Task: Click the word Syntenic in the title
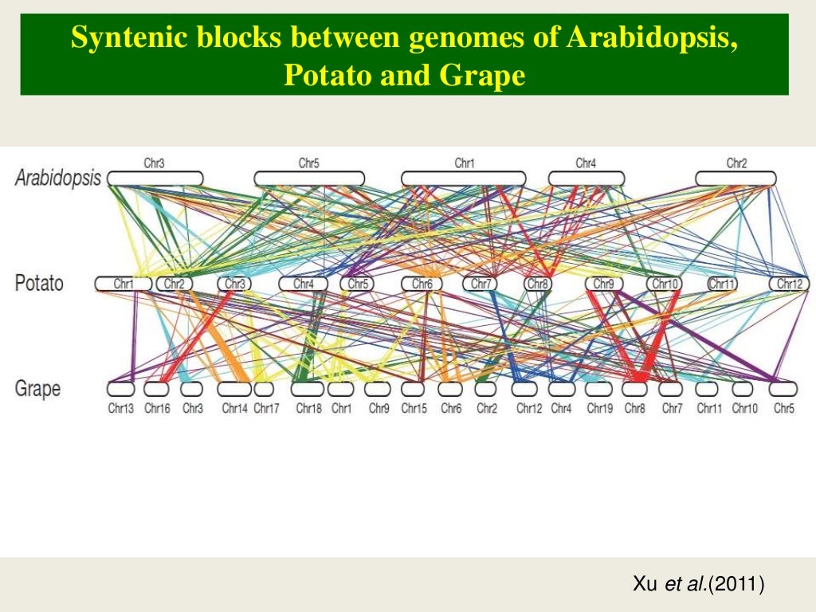120,39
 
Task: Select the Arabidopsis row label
58,178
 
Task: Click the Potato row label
39,283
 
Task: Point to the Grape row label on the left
37,389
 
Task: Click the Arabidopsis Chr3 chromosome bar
155,178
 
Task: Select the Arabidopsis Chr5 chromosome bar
309,178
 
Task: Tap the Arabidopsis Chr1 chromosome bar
463,178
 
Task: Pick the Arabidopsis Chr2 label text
736,163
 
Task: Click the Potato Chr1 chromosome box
124,284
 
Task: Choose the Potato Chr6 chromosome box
422,284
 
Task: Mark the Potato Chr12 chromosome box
789,284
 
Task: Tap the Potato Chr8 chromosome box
538,284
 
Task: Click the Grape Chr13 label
121,409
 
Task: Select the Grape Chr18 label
308,409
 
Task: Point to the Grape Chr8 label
634,409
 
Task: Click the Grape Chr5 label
784,409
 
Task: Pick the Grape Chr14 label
235,409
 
